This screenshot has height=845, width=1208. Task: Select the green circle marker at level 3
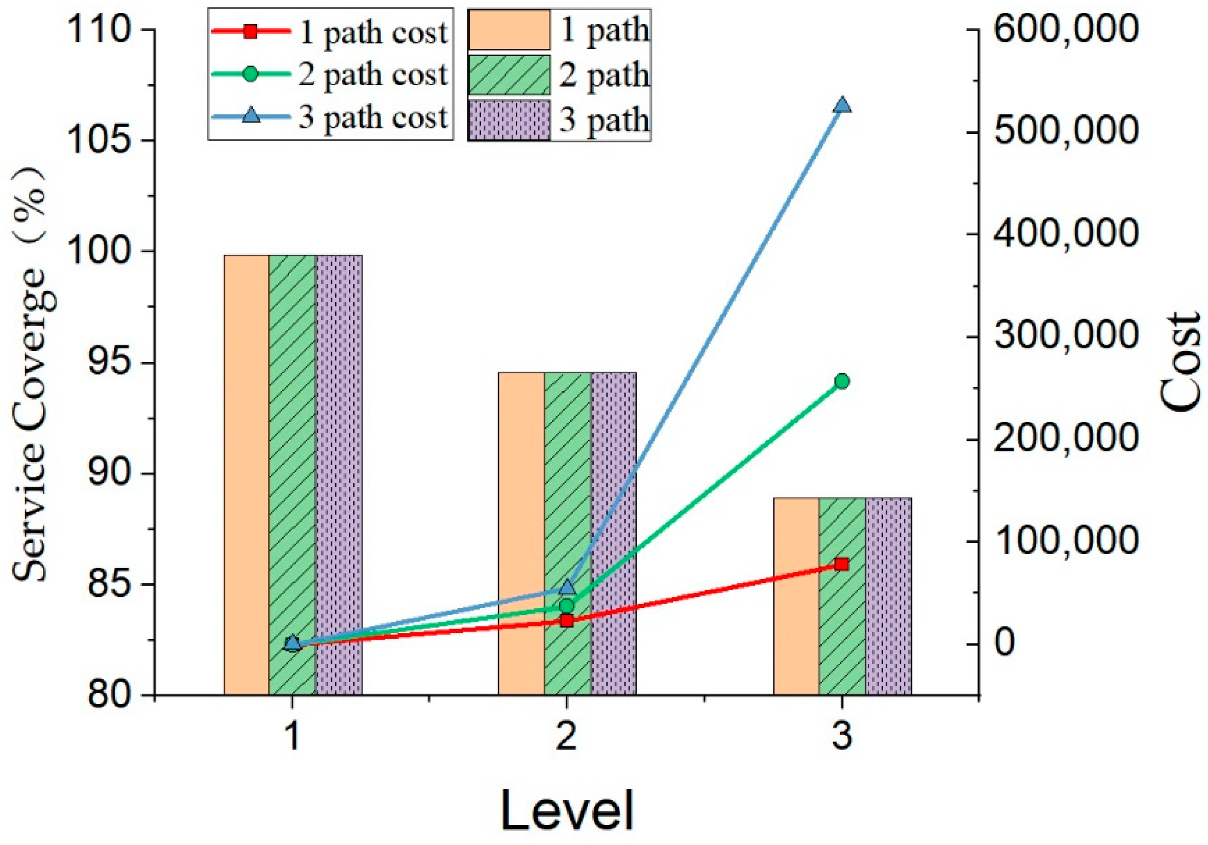click(841, 381)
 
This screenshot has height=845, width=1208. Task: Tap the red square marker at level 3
click(842, 564)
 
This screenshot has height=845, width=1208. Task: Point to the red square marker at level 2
click(567, 621)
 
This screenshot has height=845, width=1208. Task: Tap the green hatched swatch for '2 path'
click(509, 75)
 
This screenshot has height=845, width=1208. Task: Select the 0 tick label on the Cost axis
click(1005, 642)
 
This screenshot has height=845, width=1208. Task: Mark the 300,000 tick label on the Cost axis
click(1066, 335)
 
